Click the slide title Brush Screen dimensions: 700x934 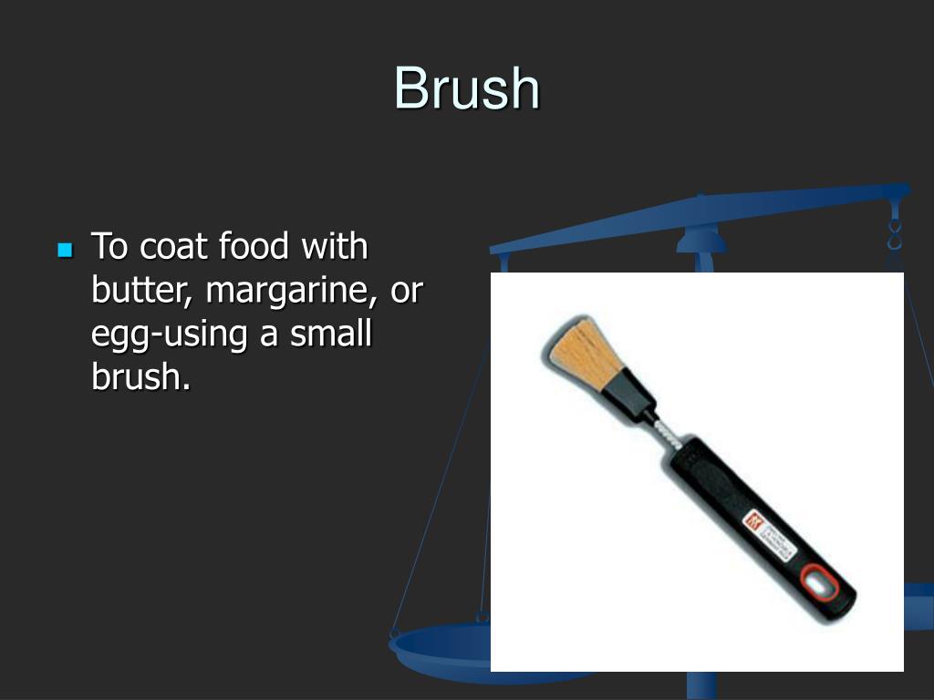(x=467, y=89)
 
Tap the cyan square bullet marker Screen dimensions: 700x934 (x=64, y=249)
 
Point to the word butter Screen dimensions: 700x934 (x=143, y=291)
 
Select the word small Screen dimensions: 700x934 (x=331, y=334)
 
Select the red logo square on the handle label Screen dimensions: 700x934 (x=756, y=520)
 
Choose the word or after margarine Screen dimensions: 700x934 (x=407, y=291)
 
